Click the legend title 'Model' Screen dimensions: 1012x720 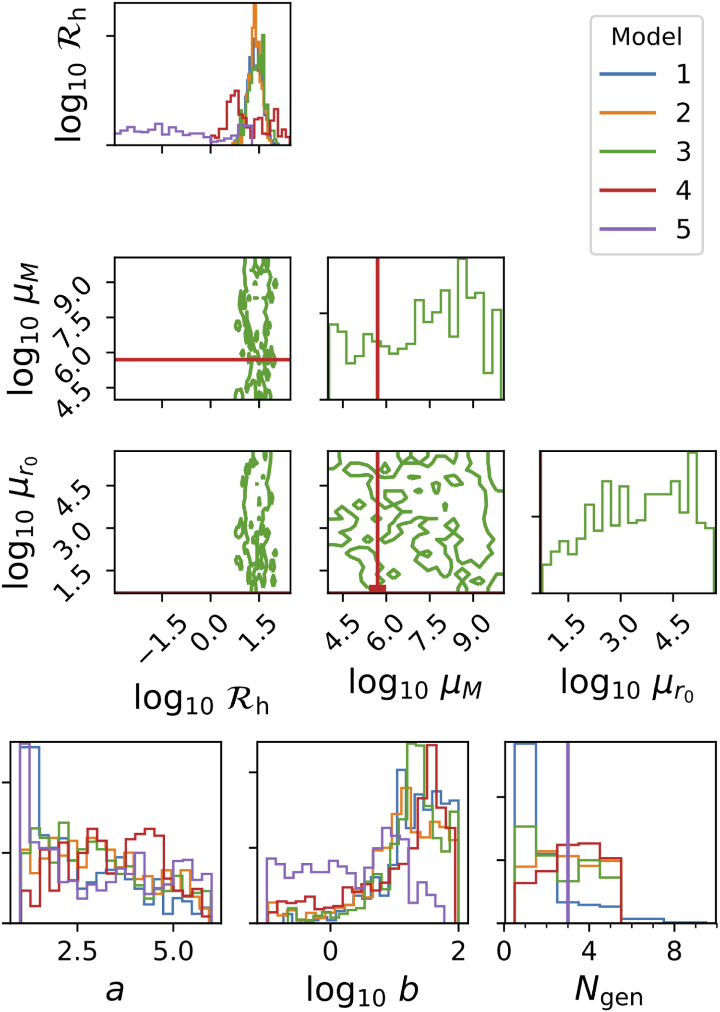point(646,37)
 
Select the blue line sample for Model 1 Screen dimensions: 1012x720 point(627,74)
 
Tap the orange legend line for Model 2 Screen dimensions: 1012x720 point(627,113)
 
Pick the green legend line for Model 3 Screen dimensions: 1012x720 point(627,151)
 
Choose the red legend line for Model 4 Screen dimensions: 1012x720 point(627,190)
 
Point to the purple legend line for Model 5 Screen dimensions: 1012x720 point(627,229)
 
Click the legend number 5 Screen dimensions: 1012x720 point(683,229)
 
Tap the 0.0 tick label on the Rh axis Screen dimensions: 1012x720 point(209,632)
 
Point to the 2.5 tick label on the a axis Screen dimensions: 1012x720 point(77,951)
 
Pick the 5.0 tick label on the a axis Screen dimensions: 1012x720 point(173,951)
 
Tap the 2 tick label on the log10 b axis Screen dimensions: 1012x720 point(458,951)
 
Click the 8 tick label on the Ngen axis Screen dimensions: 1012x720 point(674,951)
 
